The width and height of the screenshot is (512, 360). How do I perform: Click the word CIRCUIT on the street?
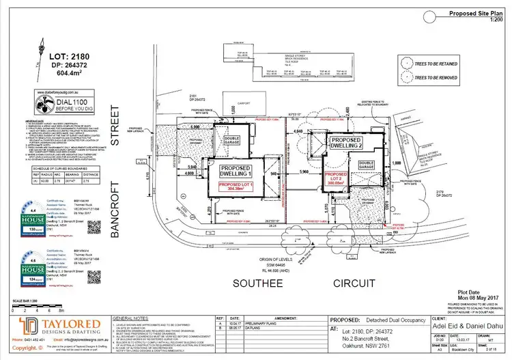point(335,282)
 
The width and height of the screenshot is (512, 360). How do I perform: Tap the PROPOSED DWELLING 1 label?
point(235,171)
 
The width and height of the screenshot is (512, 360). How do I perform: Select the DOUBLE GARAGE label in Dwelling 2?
point(367,165)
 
